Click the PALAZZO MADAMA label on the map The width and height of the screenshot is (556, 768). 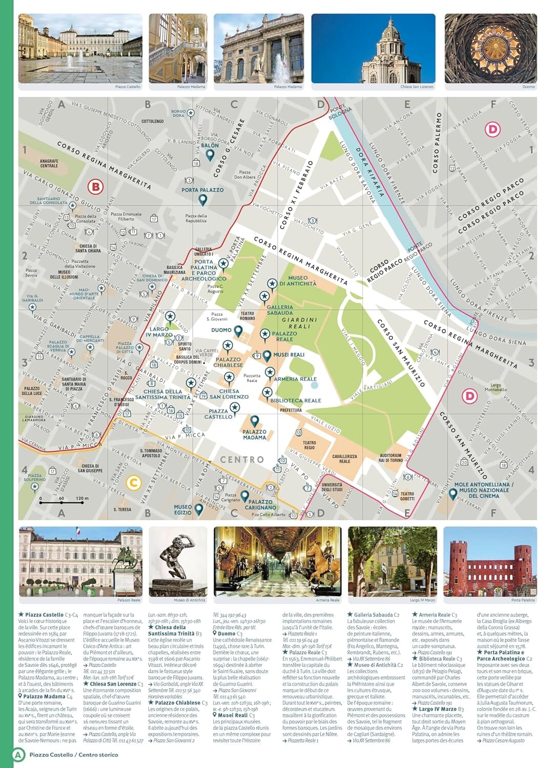255,435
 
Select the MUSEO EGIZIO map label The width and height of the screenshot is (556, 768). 183,509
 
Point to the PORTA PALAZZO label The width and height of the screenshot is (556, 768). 202,190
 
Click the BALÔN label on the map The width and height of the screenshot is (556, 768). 210,145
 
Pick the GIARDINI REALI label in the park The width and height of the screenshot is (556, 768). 300,323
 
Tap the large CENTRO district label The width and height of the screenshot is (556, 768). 242,460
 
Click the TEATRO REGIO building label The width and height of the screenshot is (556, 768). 309,445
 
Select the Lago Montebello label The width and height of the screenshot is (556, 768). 496,387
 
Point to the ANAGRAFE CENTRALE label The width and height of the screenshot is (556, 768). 49,163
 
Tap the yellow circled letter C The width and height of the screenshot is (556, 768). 133,482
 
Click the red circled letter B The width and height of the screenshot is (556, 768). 95,187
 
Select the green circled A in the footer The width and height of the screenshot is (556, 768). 19,754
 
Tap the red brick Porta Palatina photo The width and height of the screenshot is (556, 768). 490,562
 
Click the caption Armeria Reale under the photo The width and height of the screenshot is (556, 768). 327,600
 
